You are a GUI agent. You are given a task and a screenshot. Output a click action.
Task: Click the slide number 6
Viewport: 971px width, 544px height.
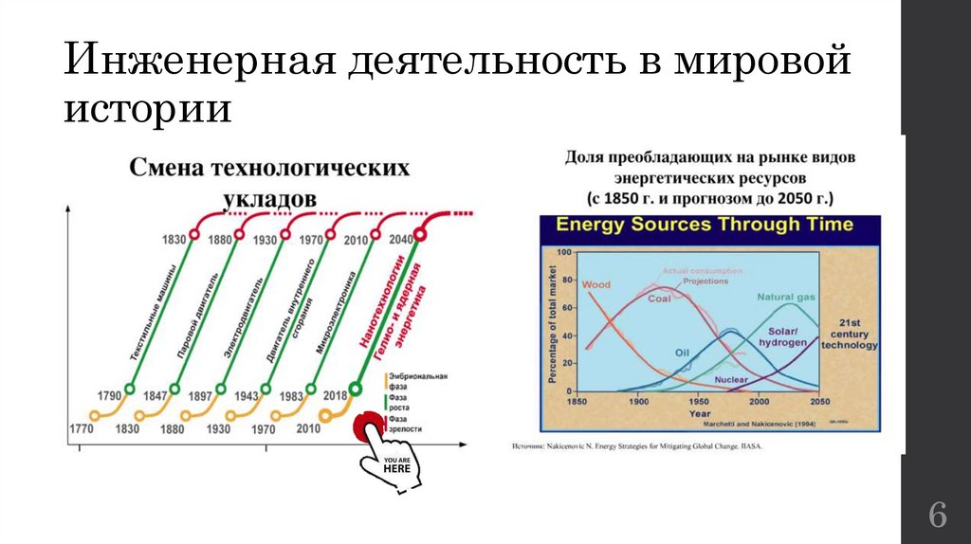pyautogui.click(x=937, y=516)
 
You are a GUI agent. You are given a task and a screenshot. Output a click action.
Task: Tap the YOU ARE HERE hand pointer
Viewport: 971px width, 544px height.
pyautogui.click(x=395, y=462)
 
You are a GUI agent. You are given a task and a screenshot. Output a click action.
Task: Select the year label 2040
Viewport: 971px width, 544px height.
pyautogui.click(x=400, y=240)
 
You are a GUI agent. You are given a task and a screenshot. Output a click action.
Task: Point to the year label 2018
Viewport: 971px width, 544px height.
pyautogui.click(x=334, y=395)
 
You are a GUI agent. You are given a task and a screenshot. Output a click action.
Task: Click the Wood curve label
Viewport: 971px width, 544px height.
pyautogui.click(x=595, y=284)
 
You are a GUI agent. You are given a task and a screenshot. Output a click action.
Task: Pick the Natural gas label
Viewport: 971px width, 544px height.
pyautogui.click(x=786, y=298)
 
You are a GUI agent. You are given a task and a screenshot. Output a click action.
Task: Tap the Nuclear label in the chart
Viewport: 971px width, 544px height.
pyautogui.click(x=731, y=379)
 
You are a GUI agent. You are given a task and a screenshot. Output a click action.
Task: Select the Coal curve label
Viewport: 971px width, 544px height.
pyautogui.click(x=659, y=299)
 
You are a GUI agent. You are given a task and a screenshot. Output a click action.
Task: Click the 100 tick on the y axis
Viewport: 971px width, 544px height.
pyautogui.click(x=565, y=253)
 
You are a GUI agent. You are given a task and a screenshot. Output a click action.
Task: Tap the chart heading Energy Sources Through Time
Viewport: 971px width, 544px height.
pyautogui.click(x=704, y=226)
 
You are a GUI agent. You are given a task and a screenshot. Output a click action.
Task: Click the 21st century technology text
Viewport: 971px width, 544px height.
pyautogui.click(x=850, y=334)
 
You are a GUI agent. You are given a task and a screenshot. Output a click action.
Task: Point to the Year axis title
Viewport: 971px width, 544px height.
pyautogui.click(x=699, y=413)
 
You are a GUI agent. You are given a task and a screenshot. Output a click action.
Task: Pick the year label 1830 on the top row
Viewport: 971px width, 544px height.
pyautogui.click(x=173, y=240)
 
